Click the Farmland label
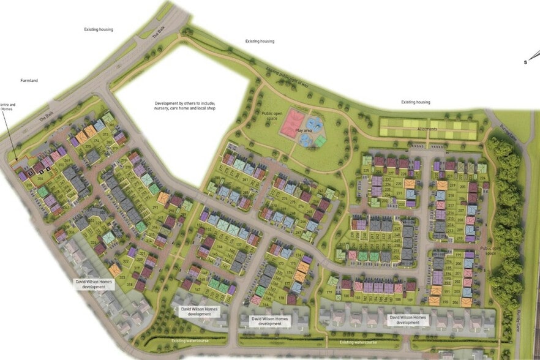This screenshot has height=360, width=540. pyautogui.click(x=29, y=80)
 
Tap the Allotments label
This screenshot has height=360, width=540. pyautogui.click(x=427, y=129)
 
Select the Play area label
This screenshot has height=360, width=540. pyautogui.click(x=305, y=130)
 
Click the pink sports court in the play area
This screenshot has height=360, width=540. pyautogui.click(x=293, y=123)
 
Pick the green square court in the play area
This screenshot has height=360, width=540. pyautogui.click(x=320, y=141)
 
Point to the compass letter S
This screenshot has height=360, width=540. pyautogui.click(x=525, y=62)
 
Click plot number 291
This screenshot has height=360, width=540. pyautogui.click(x=155, y=207)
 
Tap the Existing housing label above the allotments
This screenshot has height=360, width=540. pyautogui.click(x=416, y=102)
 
